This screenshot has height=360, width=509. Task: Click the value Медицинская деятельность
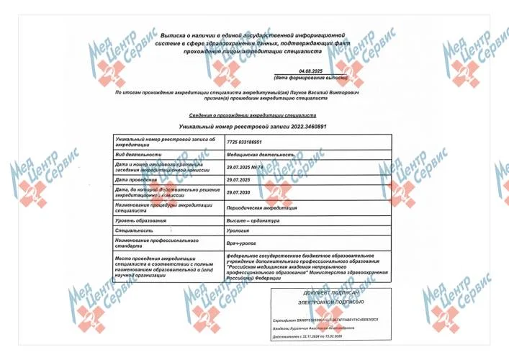tap(261, 154)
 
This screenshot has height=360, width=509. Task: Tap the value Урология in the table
tap(238, 231)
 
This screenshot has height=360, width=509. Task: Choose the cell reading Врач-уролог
tap(241, 244)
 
